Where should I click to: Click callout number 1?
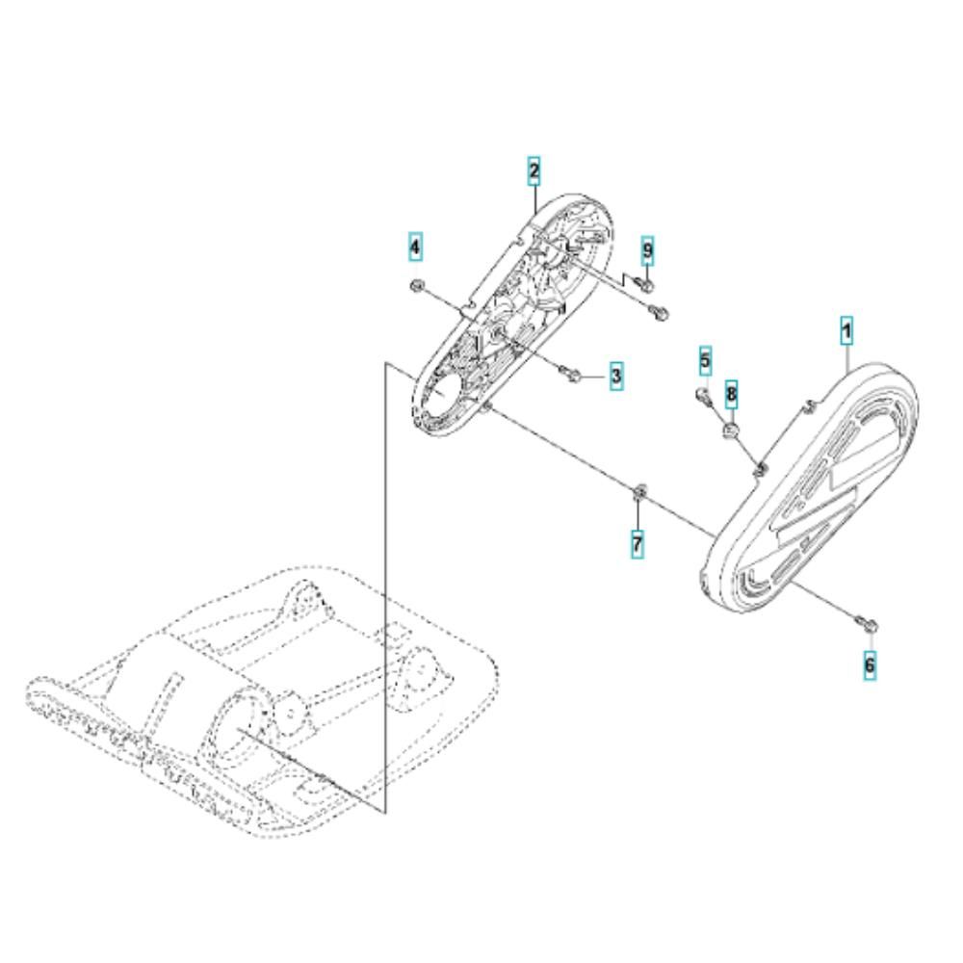tap(846, 332)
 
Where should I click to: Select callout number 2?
tap(534, 171)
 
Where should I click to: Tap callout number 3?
tap(616, 375)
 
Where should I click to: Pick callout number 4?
tap(416, 247)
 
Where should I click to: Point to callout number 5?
tap(705, 361)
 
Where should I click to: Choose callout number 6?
tap(869, 664)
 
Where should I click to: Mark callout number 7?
tap(638, 543)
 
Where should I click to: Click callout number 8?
tap(731, 394)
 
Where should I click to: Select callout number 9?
tap(647, 250)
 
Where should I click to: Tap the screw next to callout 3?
tap(569, 372)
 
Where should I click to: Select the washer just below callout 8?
tap(731, 429)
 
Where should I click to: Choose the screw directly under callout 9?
tap(645, 284)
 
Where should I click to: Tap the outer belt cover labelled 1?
tap(811, 485)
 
